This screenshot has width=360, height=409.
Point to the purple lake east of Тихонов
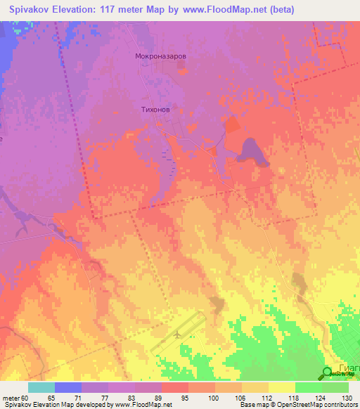tap(252, 152)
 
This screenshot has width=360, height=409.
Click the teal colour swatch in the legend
tap(41, 387)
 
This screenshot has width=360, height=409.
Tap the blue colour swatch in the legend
tap(68, 387)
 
